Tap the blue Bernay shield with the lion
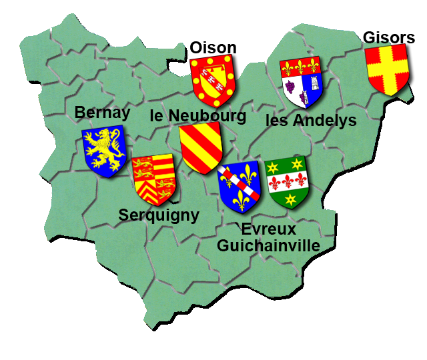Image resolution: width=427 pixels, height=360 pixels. click(x=105, y=151)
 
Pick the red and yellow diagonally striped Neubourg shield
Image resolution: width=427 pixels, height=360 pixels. click(x=200, y=147)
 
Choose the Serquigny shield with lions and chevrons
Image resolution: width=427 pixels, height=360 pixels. click(x=154, y=178)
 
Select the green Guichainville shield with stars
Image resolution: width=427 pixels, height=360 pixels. click(x=286, y=181)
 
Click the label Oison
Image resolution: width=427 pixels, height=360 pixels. click(x=213, y=47)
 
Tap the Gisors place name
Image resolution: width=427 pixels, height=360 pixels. click(x=389, y=37)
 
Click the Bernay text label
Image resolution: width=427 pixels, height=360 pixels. click(x=102, y=113)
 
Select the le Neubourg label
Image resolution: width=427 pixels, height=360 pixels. click(x=198, y=115)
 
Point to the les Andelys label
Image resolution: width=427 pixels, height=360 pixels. click(x=311, y=121)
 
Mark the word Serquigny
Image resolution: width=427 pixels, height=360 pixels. click(x=159, y=215)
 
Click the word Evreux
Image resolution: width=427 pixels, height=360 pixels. click(x=268, y=229)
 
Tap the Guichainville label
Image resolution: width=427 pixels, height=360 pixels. click(x=268, y=245)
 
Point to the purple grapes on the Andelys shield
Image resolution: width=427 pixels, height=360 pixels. click(x=290, y=86)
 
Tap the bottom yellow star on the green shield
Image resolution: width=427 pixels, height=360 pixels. click(x=290, y=199)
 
